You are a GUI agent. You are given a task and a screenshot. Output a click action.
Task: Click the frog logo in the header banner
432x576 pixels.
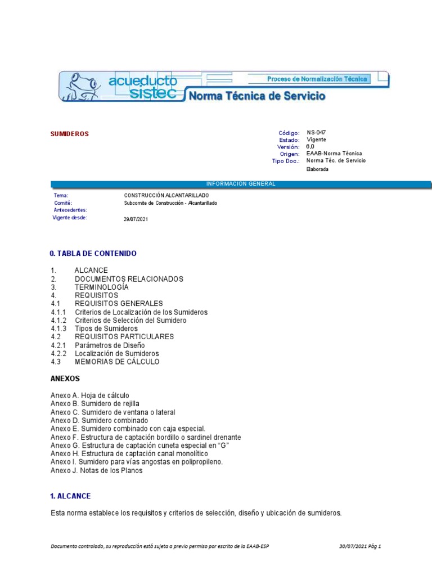pos(82,86)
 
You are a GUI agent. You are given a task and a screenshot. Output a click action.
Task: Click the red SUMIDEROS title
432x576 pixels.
pos(70,134)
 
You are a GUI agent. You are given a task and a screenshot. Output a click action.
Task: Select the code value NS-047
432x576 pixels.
pos(316,133)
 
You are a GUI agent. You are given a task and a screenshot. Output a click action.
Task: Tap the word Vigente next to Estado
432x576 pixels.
pos(316,139)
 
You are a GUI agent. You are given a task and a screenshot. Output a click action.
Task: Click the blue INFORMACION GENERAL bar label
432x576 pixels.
pos(241,184)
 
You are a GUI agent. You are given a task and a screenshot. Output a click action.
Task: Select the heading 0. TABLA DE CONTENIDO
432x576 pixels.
pos(93,254)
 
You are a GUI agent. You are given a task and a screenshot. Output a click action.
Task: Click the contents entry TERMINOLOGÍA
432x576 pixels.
pos(101,287)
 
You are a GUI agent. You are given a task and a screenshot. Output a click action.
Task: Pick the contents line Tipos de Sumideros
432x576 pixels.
pos(106,328)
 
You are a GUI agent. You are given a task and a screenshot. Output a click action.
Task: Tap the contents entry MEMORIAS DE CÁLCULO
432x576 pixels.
pos(117,362)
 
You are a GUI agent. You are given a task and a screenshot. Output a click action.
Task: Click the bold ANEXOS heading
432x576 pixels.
pos(65,379)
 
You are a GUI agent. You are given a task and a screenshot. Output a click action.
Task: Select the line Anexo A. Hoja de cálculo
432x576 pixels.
pos(90,395)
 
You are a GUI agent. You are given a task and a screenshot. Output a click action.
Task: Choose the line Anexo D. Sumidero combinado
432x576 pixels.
pos(100,420)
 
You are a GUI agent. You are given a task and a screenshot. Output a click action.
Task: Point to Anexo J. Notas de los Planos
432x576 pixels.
pos(97,470)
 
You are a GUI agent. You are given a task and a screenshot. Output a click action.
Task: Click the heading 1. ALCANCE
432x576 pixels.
pos(70,496)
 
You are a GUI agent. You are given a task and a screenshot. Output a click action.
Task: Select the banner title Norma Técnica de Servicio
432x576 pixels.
pos(256,96)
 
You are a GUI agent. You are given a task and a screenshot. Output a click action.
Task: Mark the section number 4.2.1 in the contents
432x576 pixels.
pos(58,345)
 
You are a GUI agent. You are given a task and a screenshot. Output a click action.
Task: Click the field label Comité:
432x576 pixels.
pos(63,202)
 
